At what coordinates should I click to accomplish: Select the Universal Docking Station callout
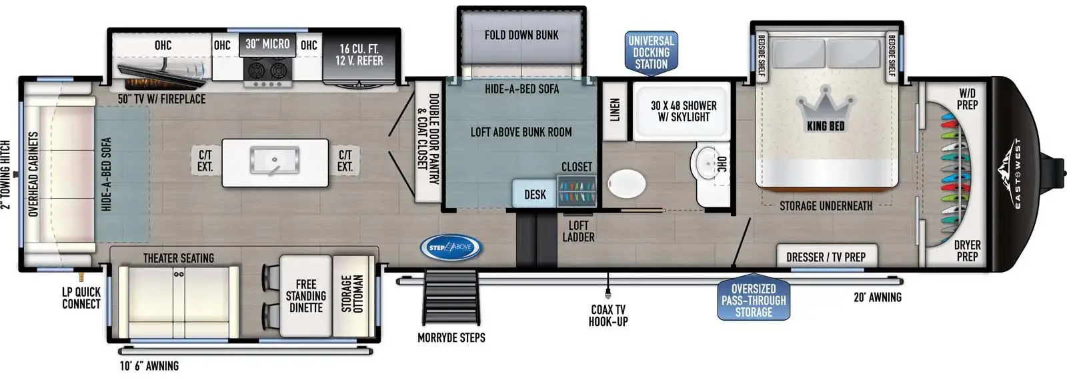pyautogui.click(x=651, y=53)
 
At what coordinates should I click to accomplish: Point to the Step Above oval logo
pyautogui.click(x=451, y=247)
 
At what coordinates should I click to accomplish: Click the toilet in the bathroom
pyautogui.click(x=626, y=184)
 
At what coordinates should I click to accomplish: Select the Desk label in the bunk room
pyautogui.click(x=535, y=194)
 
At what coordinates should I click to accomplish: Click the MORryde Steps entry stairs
pyautogui.click(x=450, y=296)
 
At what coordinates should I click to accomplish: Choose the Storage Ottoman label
pyautogui.click(x=353, y=293)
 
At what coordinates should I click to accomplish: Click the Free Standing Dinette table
pyautogui.click(x=305, y=296)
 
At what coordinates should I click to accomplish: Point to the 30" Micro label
pyautogui.click(x=267, y=44)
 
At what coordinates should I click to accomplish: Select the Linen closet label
pyautogui.click(x=615, y=110)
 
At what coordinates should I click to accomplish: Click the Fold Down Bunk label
pyautogui.click(x=521, y=35)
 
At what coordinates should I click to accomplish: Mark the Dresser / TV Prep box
pyautogui.click(x=827, y=256)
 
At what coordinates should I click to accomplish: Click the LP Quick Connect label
pyautogui.click(x=81, y=298)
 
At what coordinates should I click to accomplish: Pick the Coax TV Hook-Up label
pyautogui.click(x=608, y=315)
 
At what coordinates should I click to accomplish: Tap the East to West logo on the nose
pyautogui.click(x=1012, y=174)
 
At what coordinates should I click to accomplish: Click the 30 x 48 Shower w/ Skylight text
pyautogui.click(x=684, y=111)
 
